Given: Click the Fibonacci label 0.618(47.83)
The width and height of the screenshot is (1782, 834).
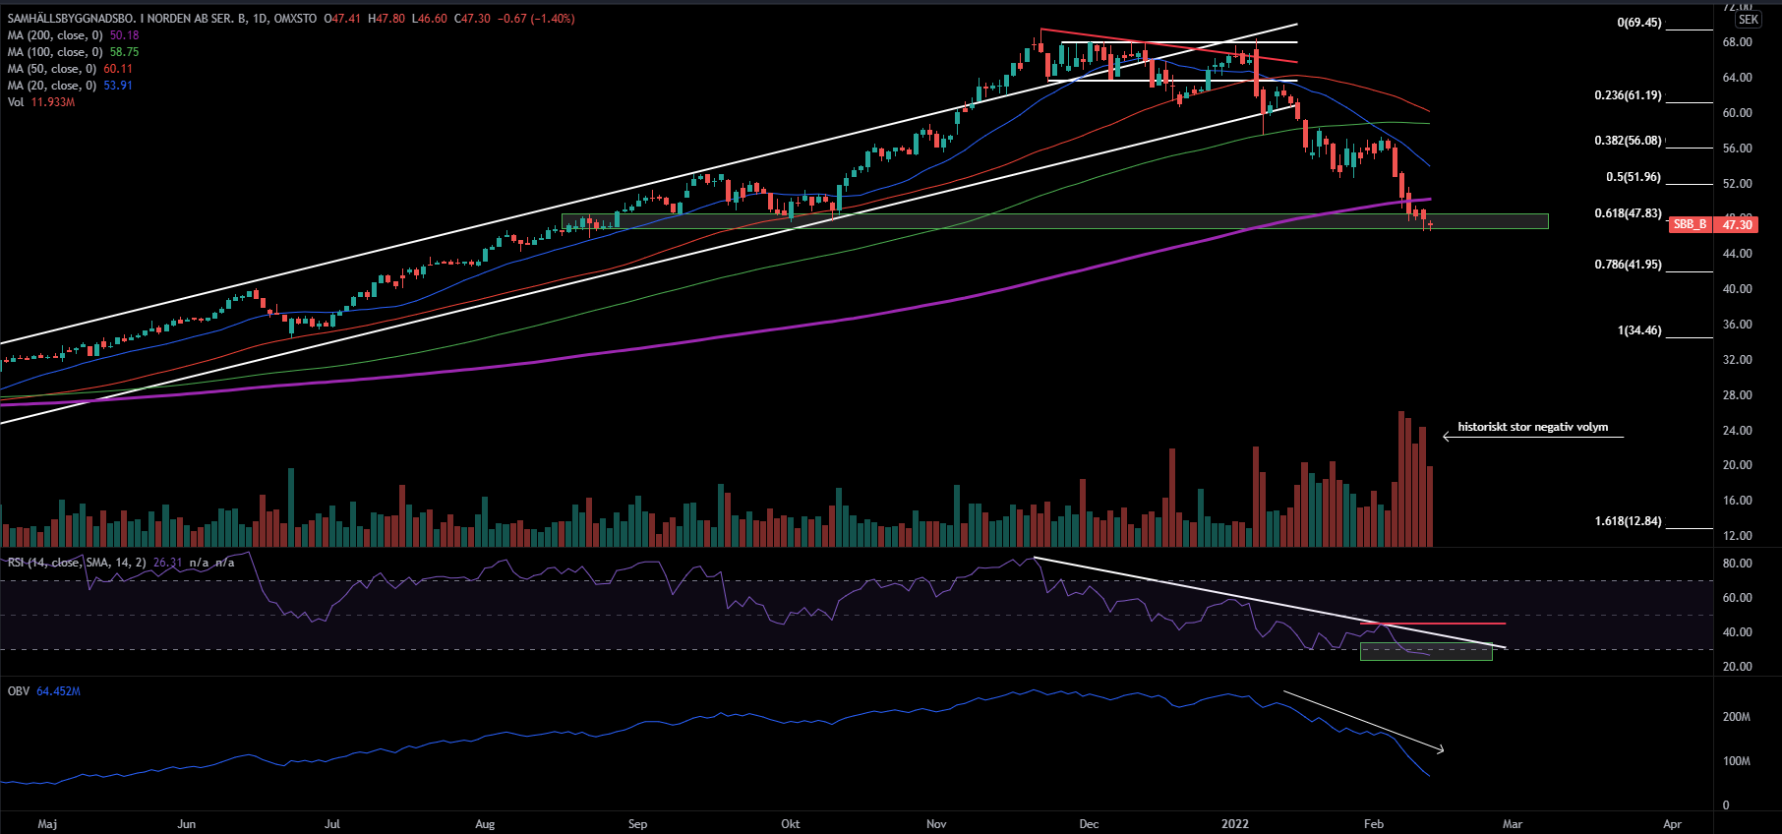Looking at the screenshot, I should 1628,213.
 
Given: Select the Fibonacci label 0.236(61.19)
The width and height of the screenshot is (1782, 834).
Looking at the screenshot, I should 1628,95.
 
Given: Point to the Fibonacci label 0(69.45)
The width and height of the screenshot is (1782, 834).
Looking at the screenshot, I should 1638,23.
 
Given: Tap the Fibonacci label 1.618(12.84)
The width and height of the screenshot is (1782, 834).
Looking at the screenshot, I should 1628,521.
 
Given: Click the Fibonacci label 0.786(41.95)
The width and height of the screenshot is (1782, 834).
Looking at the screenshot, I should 1628,265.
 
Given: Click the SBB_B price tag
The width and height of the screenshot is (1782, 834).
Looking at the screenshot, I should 1690,224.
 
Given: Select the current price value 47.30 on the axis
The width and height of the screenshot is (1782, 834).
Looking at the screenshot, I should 1737,224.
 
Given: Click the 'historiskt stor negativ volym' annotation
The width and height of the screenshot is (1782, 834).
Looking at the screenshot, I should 1532,427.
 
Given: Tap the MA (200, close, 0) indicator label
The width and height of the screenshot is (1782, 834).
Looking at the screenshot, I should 55,35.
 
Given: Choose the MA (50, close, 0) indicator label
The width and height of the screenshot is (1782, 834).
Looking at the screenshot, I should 51,69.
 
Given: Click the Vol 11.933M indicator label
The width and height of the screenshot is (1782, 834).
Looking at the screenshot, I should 40,102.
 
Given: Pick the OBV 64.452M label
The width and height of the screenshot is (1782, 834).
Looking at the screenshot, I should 44,691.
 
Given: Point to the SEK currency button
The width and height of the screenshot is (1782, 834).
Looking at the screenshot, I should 1748,20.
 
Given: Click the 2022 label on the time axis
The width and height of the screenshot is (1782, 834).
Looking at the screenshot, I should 1234,824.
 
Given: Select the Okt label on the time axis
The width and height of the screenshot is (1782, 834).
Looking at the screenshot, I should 790,824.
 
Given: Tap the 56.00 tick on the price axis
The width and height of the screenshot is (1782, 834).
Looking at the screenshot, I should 1737,149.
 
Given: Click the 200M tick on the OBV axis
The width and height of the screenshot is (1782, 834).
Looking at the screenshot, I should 1736,717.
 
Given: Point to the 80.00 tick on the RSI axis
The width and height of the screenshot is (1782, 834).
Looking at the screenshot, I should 1737,564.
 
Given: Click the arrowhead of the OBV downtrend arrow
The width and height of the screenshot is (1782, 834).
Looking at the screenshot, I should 1442,751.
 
